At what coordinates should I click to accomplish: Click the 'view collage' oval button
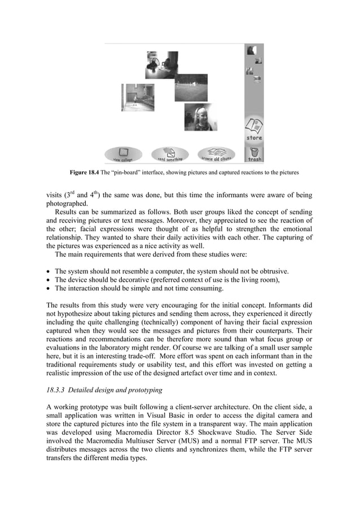tap(123, 154)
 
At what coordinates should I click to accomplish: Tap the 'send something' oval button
tap(170, 154)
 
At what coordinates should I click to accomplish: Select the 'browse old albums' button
tap(216, 154)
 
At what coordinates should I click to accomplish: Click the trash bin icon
tap(254, 153)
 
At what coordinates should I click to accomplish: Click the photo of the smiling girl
tap(198, 117)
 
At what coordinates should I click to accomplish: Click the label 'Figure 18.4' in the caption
tap(84, 171)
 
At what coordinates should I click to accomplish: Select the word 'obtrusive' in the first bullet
tap(291, 271)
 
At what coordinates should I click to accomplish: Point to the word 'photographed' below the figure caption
tap(67, 204)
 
